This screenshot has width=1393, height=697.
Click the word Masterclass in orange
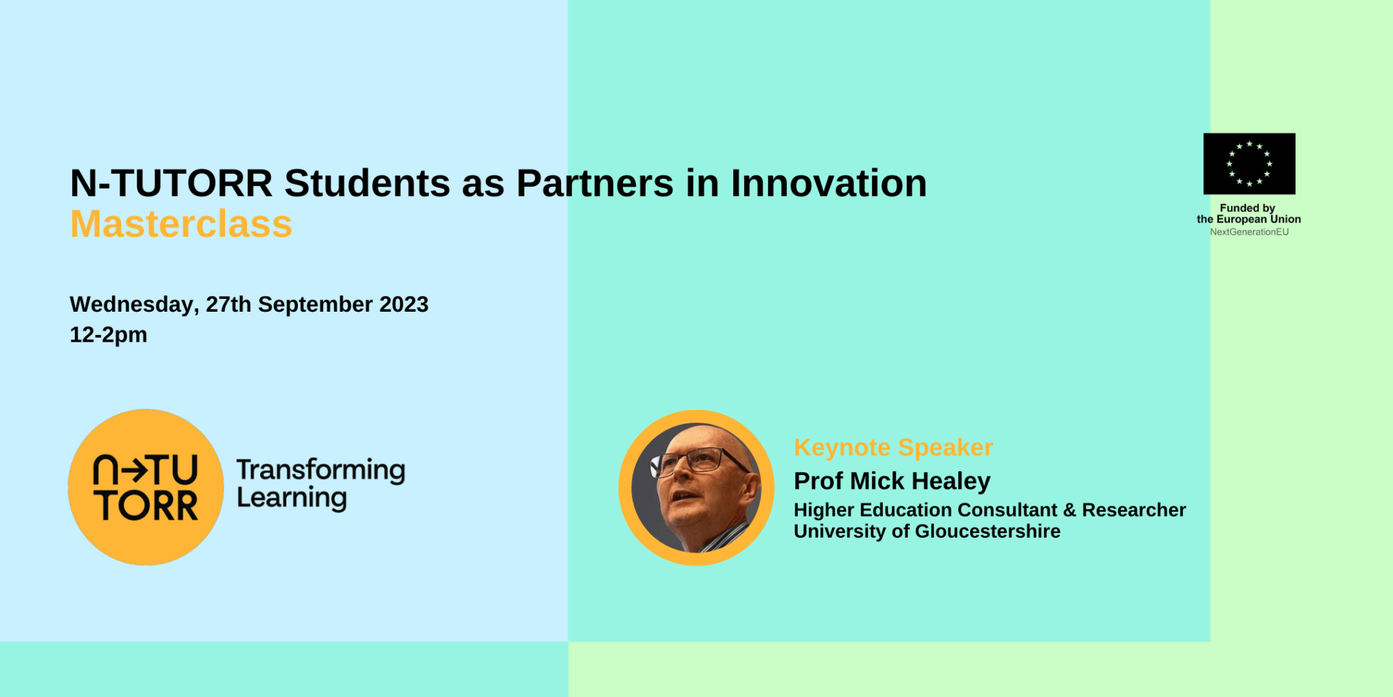(181, 224)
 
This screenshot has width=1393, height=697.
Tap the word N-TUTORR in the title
(171, 183)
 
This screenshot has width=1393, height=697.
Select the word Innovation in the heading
(828, 183)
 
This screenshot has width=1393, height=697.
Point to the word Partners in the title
(595, 183)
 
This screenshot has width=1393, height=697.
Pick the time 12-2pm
(108, 335)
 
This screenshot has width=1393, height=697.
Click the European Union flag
(1249, 164)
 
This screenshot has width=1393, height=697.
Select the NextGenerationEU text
(1249, 232)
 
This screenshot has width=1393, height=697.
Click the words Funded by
(1247, 208)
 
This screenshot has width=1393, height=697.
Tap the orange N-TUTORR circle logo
(146, 487)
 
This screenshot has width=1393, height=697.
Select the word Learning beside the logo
(292, 498)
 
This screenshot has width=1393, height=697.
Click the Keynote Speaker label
(893, 447)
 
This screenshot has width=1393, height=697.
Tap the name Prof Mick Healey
(892, 481)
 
